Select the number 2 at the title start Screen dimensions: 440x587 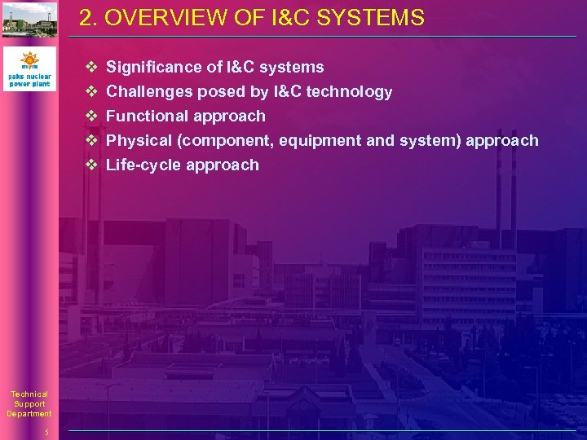coord(86,18)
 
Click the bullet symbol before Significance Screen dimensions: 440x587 coord(91,67)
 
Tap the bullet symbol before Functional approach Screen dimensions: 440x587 coord(91,116)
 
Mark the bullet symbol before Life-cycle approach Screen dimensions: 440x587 coord(91,165)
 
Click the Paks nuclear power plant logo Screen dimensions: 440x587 coord(29,68)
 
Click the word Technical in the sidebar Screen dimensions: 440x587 coord(29,394)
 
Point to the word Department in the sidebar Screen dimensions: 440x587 coord(29,414)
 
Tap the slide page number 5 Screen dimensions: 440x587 coord(47,432)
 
